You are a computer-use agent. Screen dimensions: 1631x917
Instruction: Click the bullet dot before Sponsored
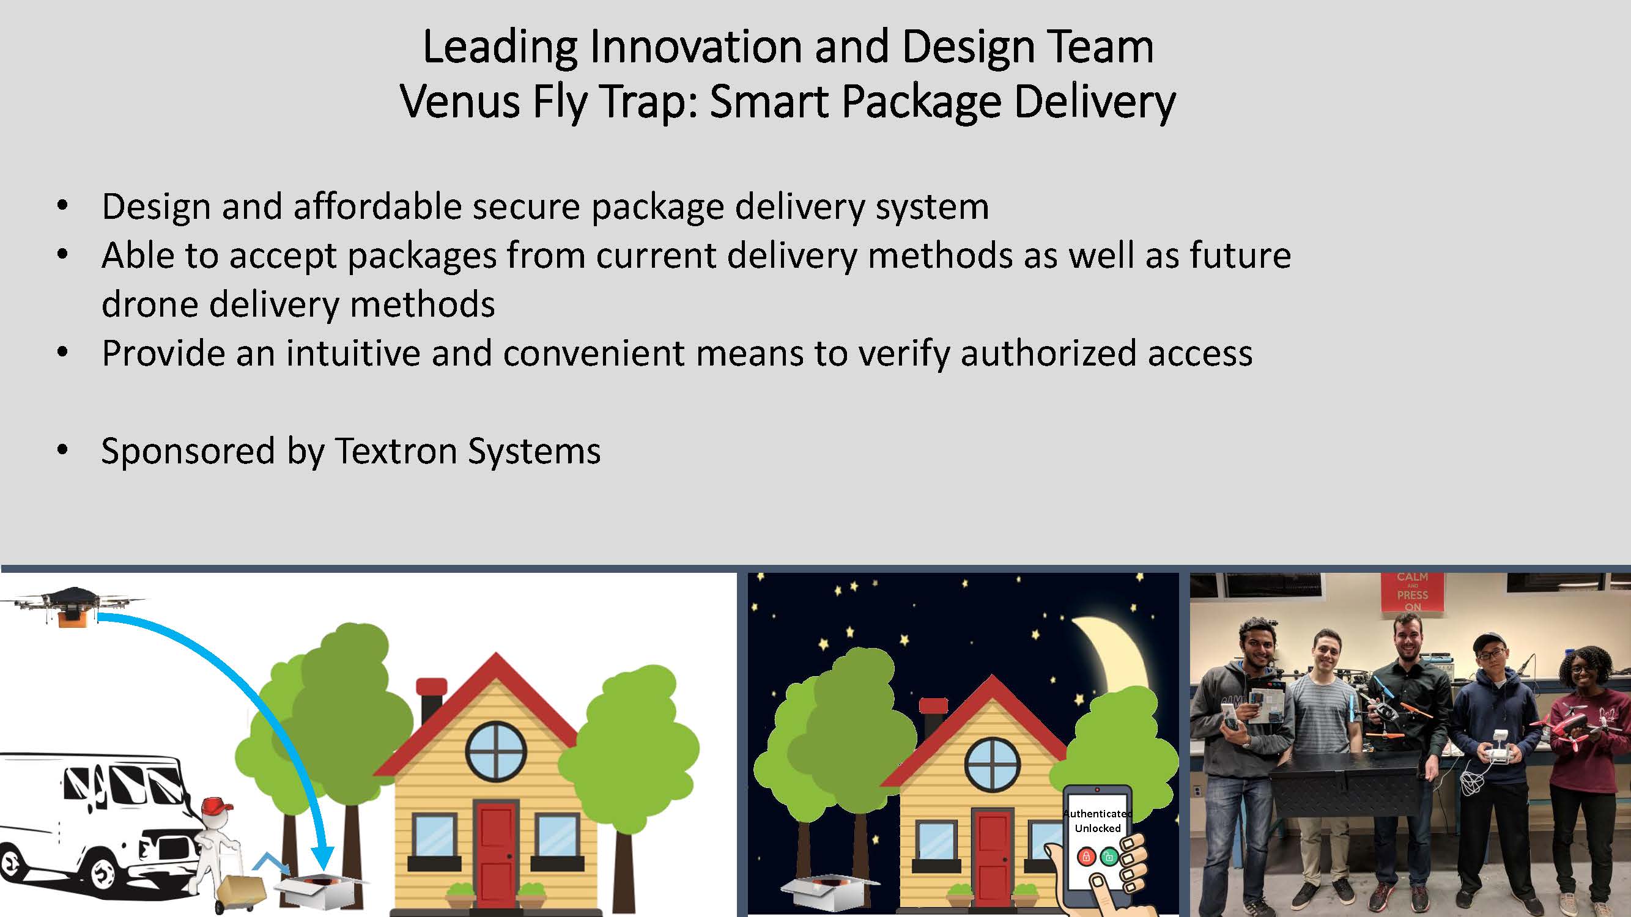tap(62, 450)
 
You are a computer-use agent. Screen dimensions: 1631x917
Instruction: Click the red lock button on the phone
tap(1087, 857)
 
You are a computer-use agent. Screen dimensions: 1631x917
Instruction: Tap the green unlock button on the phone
tap(1109, 857)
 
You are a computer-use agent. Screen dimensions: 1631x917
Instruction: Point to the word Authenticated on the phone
tap(1098, 814)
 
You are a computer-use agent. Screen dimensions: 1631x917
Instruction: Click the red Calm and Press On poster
tap(1413, 592)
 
